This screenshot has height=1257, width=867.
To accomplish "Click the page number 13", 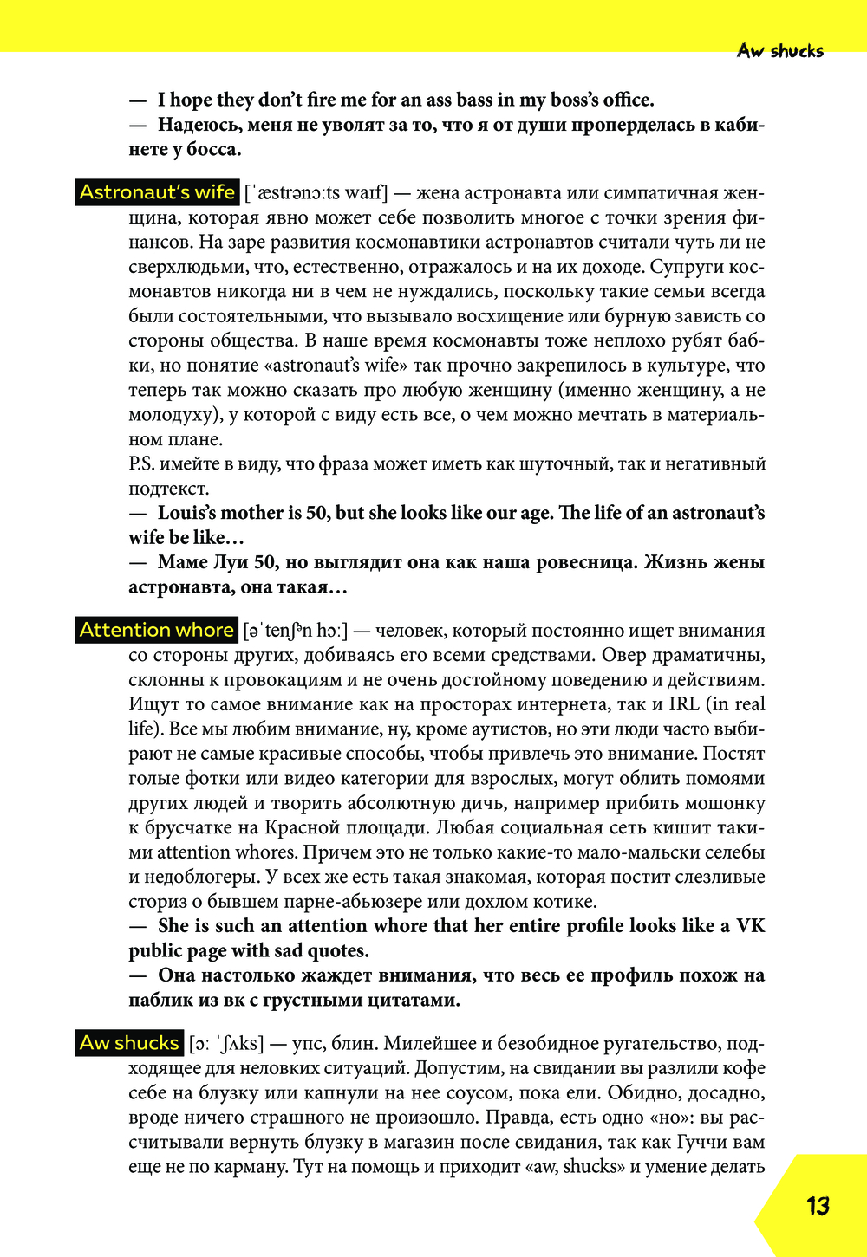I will point(818,1205).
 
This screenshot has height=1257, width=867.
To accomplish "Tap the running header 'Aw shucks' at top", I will point(780,51).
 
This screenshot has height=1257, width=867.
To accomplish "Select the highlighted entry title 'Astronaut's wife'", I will point(157,192).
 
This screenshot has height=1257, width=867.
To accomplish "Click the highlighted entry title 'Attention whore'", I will point(157,630).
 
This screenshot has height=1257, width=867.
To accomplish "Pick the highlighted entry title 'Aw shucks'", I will point(130,1043).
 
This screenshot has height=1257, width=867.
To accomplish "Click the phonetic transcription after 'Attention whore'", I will point(296,631).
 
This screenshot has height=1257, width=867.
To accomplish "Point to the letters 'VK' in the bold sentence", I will point(750,926).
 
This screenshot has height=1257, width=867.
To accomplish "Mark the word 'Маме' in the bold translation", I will point(183,562).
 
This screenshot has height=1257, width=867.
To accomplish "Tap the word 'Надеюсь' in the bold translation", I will point(196,125).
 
